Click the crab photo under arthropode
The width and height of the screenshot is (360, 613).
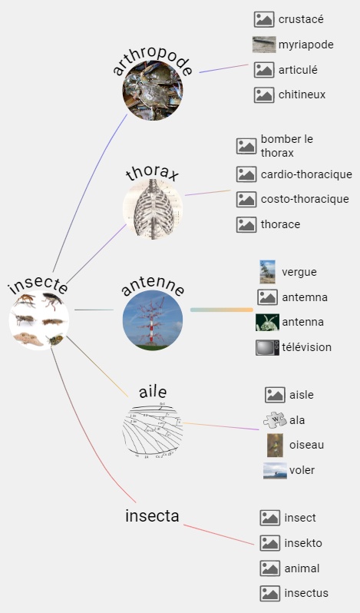(153, 91)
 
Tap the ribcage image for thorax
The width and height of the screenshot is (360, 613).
(153, 209)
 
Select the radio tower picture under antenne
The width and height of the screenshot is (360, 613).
(153, 320)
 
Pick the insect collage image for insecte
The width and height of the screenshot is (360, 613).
(39, 320)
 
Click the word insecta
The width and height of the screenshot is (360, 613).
(152, 516)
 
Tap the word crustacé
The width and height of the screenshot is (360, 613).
(301, 19)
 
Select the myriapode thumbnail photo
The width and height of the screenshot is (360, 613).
(264, 45)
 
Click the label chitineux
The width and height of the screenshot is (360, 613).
(302, 94)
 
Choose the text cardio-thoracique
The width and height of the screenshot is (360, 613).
(306, 174)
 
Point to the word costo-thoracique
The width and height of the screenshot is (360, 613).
(305, 199)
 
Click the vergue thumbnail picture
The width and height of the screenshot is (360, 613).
(267, 272)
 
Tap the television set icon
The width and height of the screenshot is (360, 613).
(267, 347)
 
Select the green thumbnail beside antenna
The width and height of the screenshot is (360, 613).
(267, 322)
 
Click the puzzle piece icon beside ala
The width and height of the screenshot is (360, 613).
(275, 420)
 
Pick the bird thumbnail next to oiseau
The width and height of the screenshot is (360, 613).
(275, 445)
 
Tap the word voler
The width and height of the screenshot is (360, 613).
(302, 470)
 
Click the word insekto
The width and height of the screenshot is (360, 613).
(303, 543)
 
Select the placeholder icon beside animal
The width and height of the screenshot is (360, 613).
(269, 568)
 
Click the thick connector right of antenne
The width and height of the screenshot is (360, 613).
(222, 310)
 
